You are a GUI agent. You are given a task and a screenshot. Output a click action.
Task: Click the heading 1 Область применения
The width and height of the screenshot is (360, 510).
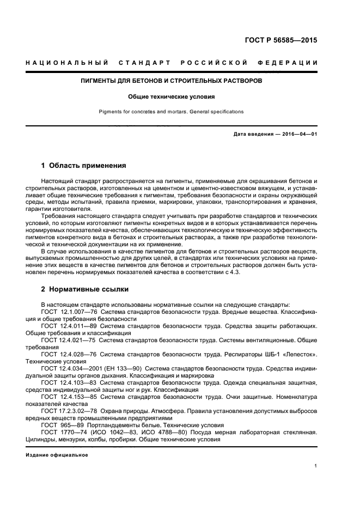[84, 165]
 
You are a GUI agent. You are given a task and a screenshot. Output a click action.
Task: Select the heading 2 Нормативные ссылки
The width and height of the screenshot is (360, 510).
[85, 289]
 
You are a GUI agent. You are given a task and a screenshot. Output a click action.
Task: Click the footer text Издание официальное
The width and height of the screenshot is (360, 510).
[57, 454]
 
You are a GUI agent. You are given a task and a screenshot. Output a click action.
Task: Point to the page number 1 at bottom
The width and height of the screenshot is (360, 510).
[316, 465]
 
